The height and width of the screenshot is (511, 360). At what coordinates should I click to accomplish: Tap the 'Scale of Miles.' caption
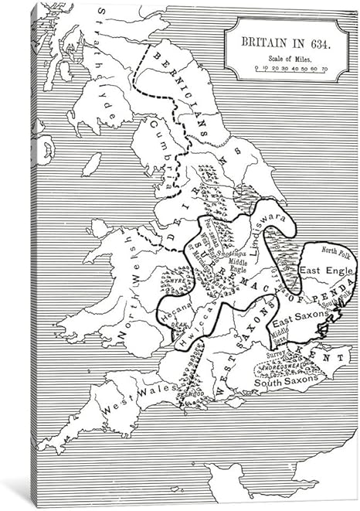coord(287,59)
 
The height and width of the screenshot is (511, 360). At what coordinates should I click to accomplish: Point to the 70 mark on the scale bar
coord(324,70)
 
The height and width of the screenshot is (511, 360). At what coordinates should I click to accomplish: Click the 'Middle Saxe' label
coord(277,334)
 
